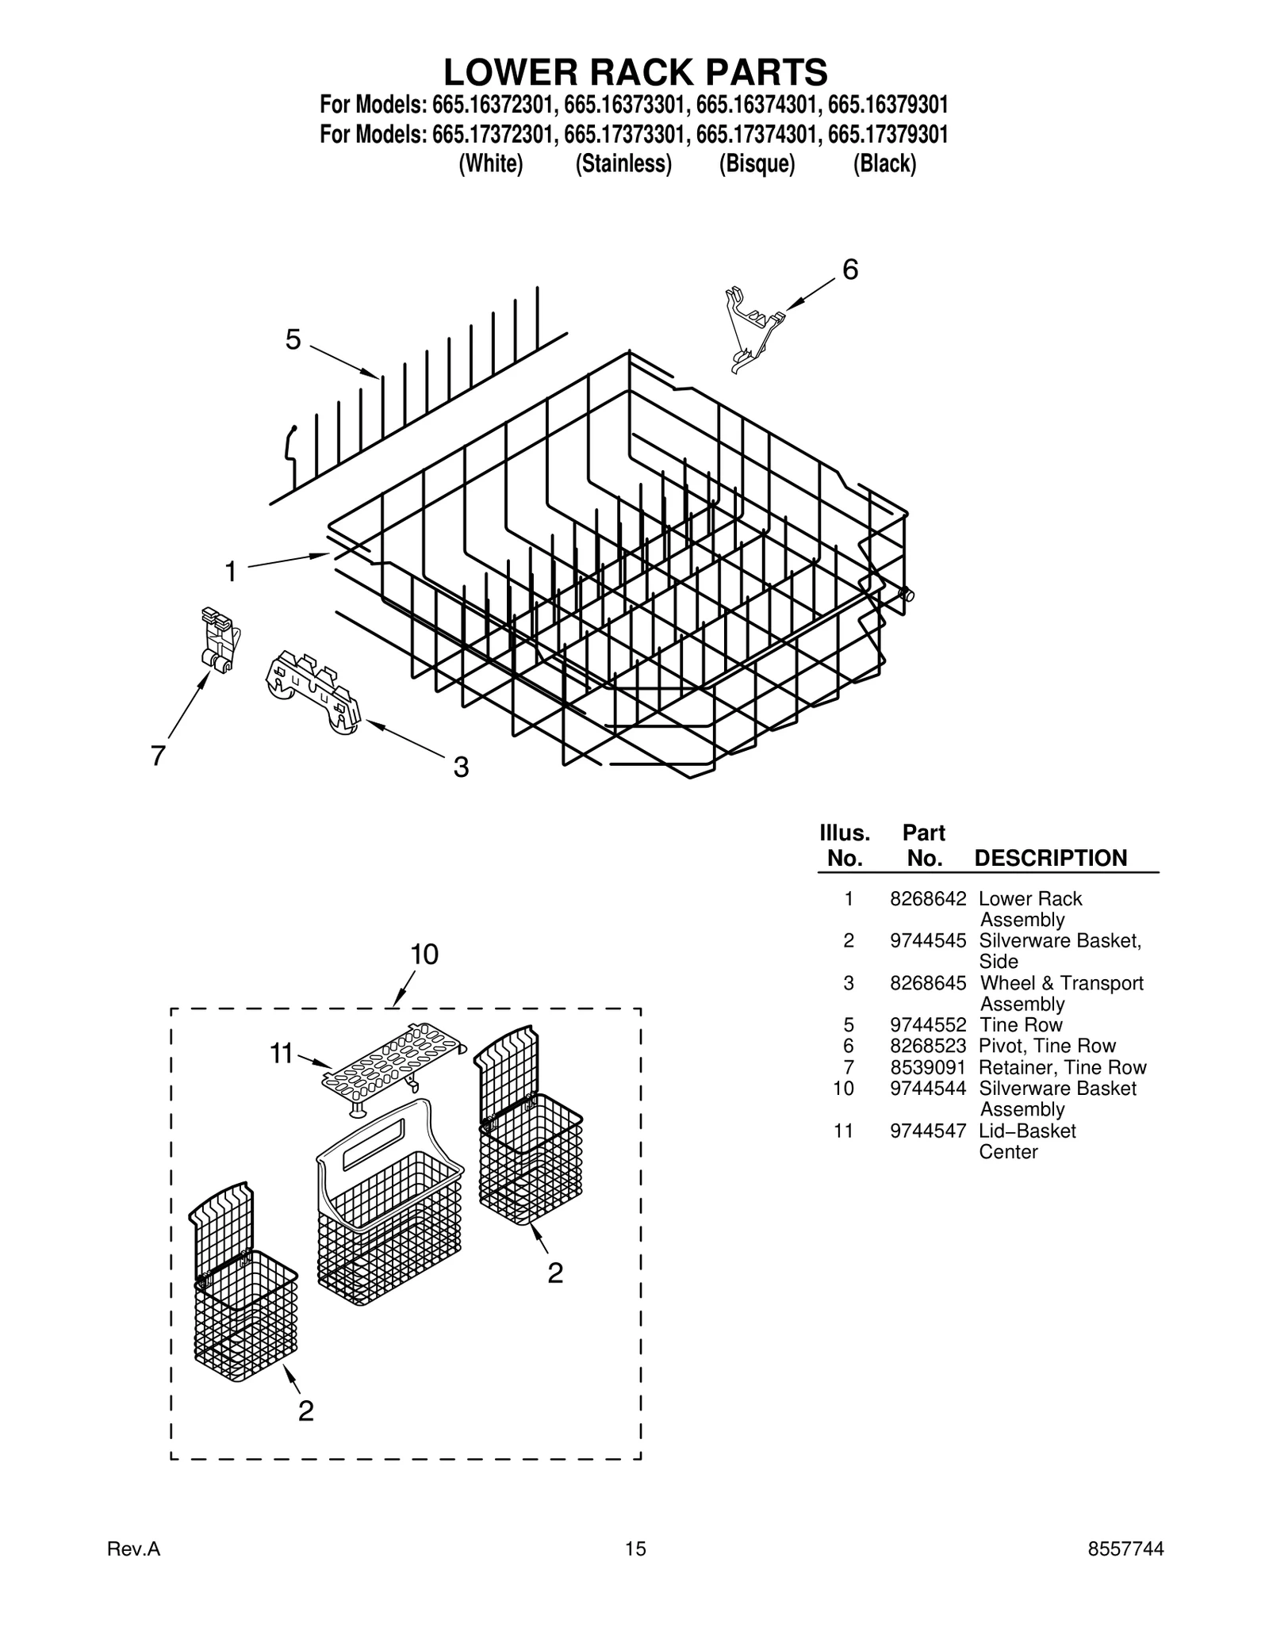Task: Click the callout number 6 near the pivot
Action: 849,270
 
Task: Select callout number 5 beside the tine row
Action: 293,340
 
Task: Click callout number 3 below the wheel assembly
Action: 461,767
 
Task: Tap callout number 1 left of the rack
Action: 231,571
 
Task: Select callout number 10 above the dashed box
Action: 424,955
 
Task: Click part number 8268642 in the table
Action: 927,898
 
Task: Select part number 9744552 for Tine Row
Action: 927,1024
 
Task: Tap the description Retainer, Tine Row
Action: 1063,1067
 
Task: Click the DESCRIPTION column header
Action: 1050,858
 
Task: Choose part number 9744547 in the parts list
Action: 927,1131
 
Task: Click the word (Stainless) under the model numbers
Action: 623,164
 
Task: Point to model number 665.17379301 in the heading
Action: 888,134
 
